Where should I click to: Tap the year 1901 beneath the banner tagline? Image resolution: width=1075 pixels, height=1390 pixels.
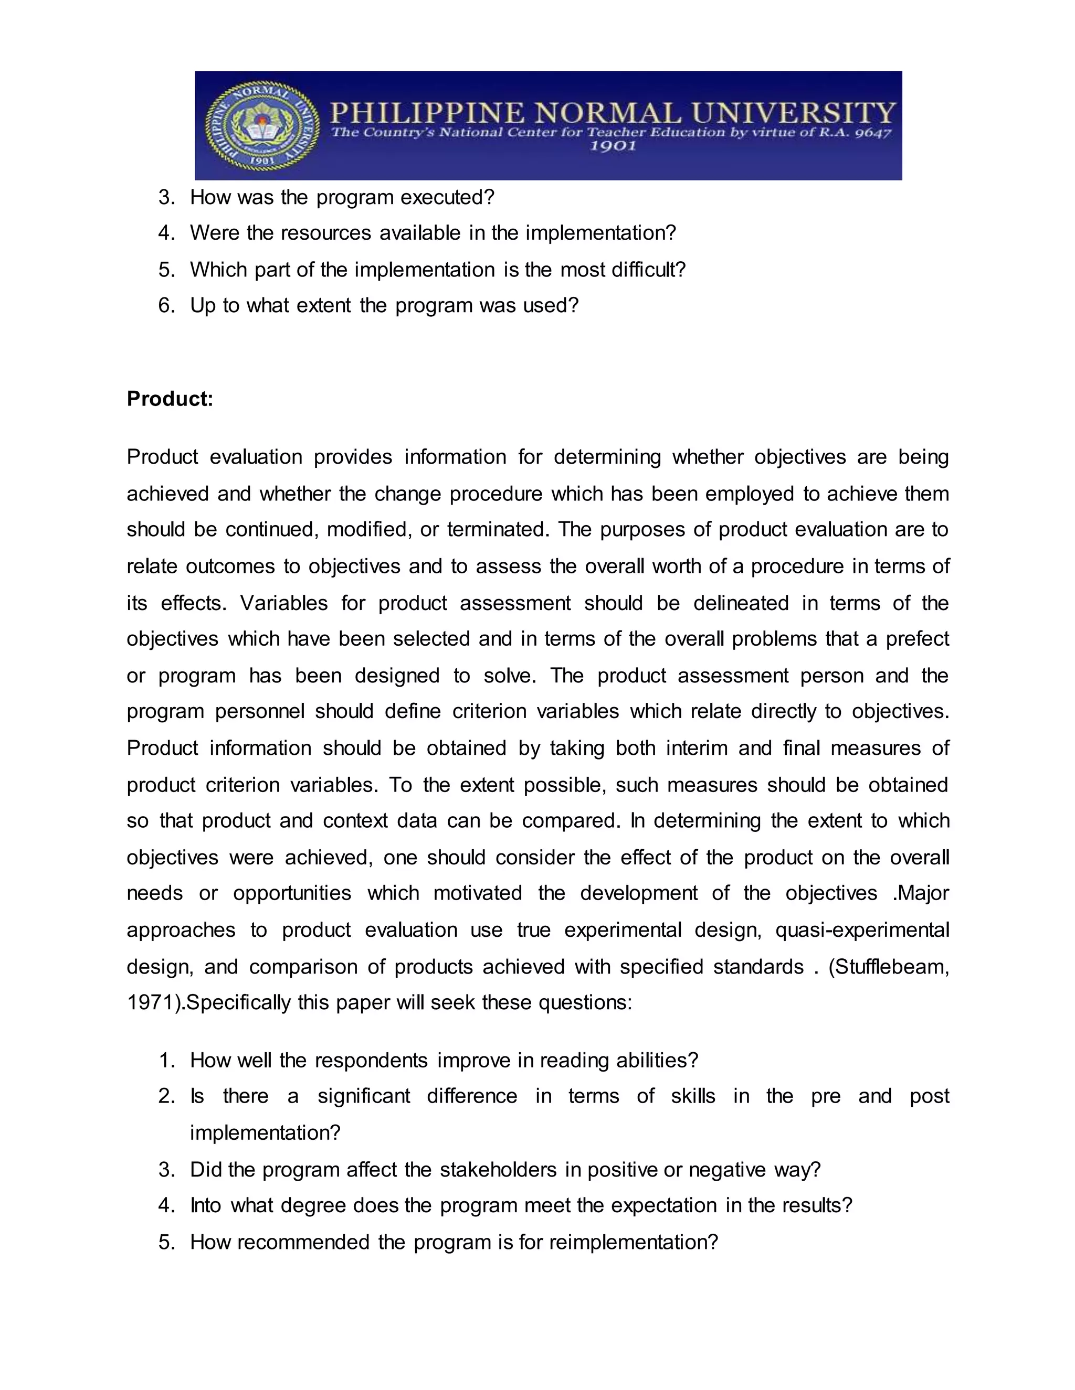(612, 146)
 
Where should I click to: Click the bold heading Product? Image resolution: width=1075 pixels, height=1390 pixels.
(170, 399)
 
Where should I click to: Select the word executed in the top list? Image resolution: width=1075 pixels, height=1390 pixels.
(447, 197)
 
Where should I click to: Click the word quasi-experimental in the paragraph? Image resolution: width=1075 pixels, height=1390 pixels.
(862, 930)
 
